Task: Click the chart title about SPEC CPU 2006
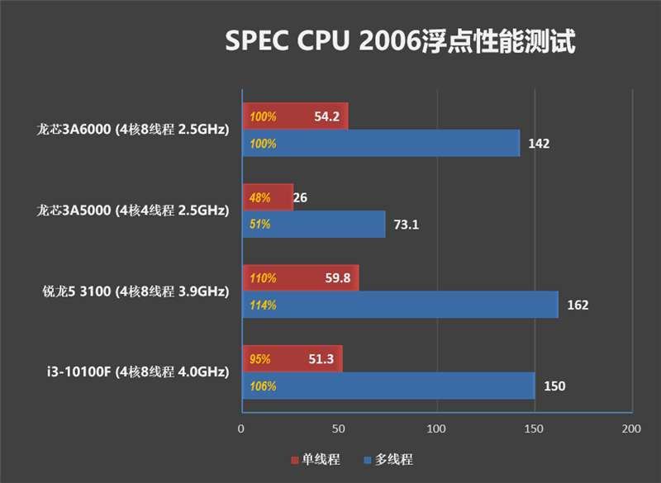tap(400, 41)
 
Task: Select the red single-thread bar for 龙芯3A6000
tap(295, 116)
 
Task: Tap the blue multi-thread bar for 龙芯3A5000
tap(314, 224)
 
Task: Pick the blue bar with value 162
tap(400, 305)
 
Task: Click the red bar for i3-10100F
tap(292, 358)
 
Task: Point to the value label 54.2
tap(327, 116)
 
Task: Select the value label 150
tap(554, 386)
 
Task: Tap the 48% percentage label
tap(259, 197)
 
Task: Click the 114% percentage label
tap(263, 305)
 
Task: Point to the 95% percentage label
tap(260, 359)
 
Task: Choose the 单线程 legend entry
tap(316, 460)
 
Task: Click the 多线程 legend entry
tap(388, 460)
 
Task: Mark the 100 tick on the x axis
tap(436, 429)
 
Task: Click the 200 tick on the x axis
tap(631, 429)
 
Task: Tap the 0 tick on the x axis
tap(241, 429)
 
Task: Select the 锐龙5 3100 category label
tap(136, 291)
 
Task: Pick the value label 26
tap(301, 197)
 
